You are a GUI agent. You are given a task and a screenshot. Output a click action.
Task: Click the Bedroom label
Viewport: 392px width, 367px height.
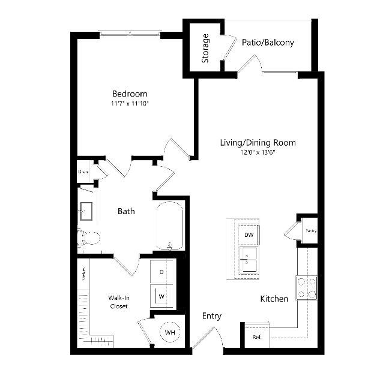click(130, 94)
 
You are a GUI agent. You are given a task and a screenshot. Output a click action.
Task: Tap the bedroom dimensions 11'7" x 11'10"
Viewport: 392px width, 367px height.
click(130, 103)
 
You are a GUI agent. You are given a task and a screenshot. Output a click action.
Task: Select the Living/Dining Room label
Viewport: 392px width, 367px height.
click(258, 143)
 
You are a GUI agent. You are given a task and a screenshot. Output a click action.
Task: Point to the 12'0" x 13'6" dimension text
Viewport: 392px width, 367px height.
click(258, 152)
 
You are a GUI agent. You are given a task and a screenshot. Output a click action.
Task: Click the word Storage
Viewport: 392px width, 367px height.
click(206, 49)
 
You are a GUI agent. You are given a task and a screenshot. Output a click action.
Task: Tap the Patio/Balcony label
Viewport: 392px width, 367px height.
click(268, 43)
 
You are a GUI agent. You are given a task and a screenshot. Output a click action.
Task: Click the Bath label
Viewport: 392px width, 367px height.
click(126, 211)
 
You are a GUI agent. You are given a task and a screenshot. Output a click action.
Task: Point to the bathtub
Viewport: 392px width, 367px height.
click(170, 227)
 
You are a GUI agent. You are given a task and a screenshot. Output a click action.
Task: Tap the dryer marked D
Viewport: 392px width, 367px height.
click(161, 272)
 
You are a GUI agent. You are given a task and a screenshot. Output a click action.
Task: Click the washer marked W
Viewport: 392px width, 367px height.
click(161, 296)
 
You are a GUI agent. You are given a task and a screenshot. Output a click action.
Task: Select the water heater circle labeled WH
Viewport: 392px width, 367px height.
click(169, 332)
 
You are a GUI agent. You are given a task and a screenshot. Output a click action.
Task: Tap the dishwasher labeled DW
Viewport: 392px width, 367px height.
click(249, 234)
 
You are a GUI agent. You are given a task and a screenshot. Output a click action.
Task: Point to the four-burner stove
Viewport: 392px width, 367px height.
click(307, 287)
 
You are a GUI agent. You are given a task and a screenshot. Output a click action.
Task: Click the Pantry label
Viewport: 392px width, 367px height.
click(310, 231)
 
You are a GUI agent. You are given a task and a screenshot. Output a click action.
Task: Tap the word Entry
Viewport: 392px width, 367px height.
click(212, 316)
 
